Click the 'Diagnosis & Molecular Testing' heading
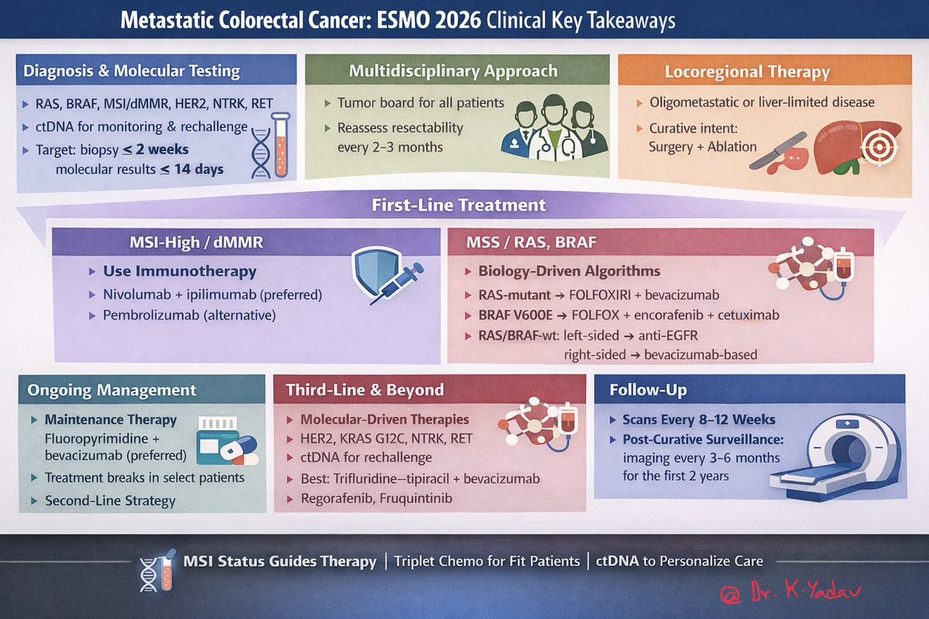[132, 71]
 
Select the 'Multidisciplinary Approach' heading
[454, 71]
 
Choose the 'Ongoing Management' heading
[111, 390]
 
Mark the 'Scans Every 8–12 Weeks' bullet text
[698, 419]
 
